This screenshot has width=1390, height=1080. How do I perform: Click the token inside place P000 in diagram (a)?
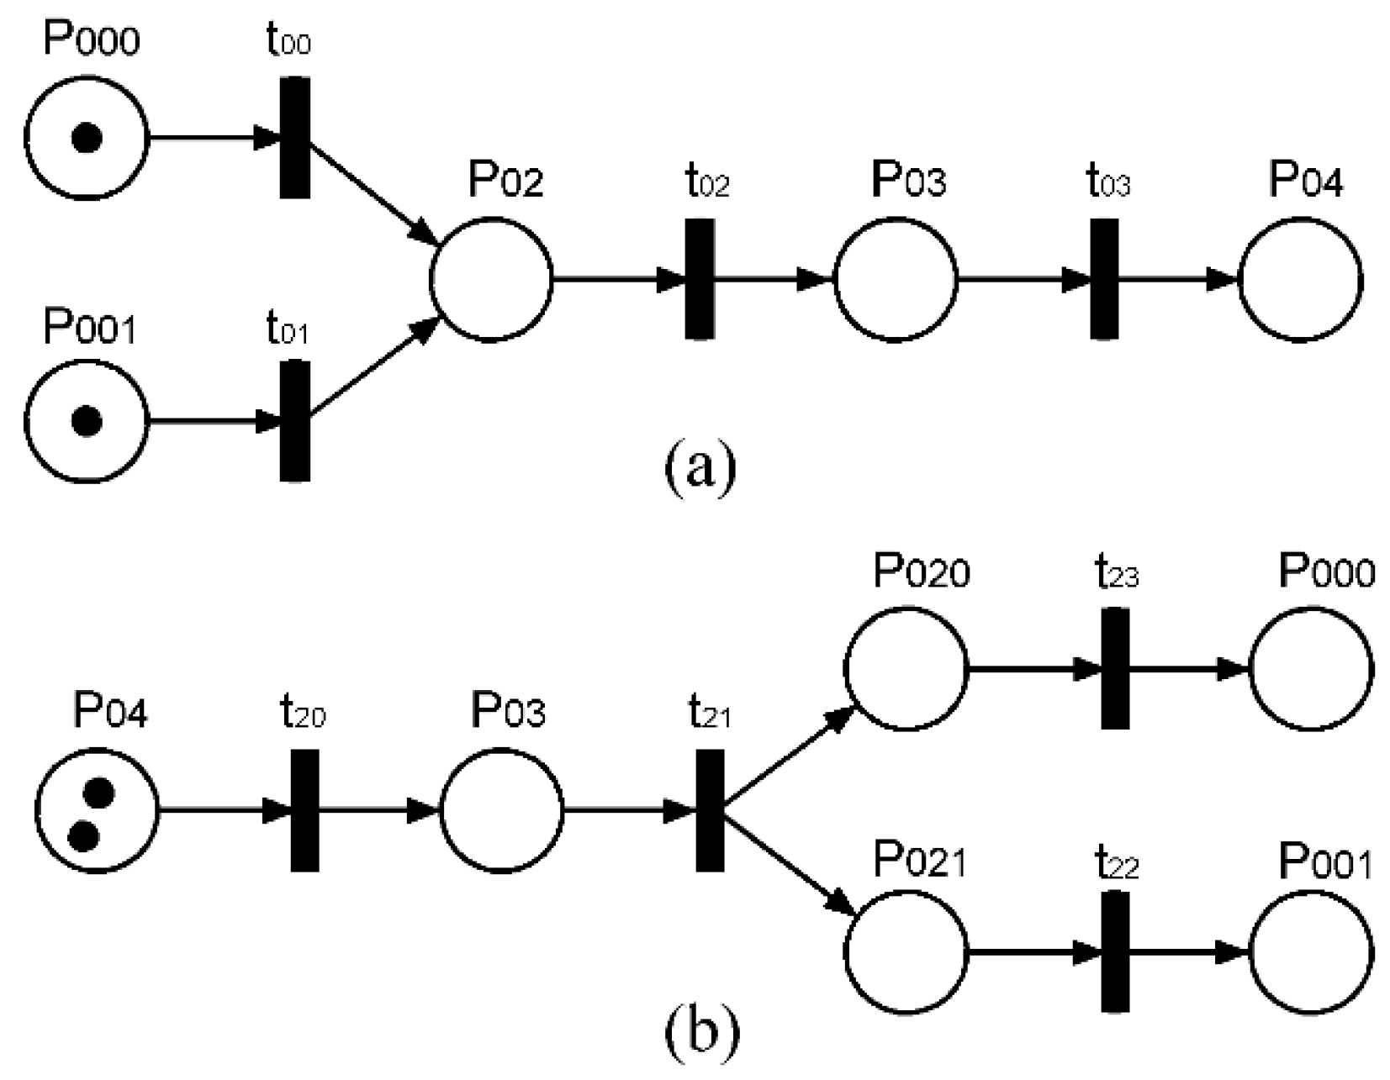click(87, 138)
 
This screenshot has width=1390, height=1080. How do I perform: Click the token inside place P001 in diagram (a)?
click(87, 420)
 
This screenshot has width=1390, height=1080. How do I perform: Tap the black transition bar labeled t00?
click(294, 138)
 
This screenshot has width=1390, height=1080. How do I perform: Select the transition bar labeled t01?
click(294, 420)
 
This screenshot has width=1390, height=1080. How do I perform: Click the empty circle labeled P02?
click(491, 279)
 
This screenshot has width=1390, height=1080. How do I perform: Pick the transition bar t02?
click(700, 279)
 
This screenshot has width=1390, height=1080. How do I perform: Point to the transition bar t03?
click(1104, 279)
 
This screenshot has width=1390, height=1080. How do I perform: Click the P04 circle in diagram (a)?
click(1300, 279)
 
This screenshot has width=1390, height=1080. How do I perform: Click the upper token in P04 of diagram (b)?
click(99, 792)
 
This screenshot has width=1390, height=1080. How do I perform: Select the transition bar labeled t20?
click(304, 810)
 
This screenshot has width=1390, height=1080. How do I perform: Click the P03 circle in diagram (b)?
click(502, 810)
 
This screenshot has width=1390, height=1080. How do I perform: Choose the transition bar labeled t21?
click(710, 810)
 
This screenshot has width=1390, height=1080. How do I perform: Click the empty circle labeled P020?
click(906, 669)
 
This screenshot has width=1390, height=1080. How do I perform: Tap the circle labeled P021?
click(906, 952)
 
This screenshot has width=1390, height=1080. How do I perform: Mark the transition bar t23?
click(1115, 669)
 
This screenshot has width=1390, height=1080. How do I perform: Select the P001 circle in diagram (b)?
click(1312, 952)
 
